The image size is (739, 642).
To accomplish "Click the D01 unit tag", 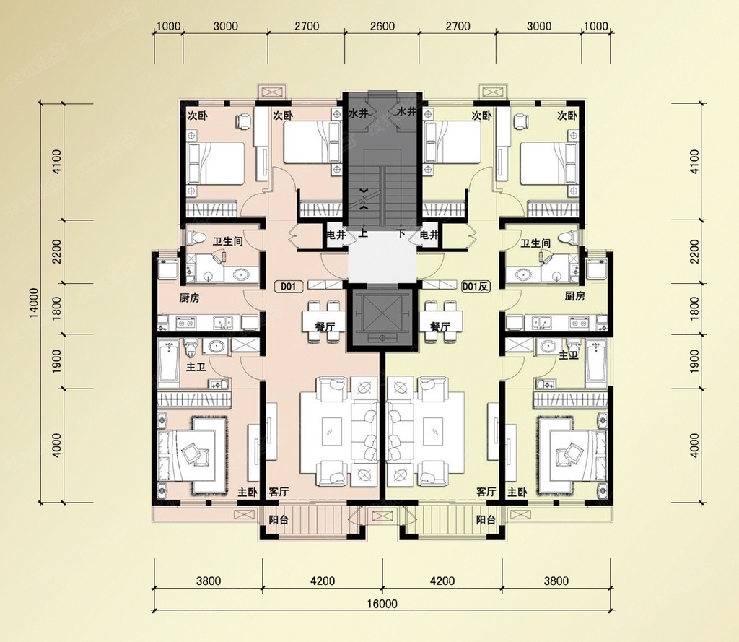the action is (289, 286).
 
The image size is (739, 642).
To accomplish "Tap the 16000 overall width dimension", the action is (382, 604).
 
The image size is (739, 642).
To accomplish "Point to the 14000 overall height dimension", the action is (33, 302).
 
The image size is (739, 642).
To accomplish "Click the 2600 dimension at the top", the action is (382, 26).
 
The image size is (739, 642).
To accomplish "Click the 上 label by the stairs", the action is (363, 233).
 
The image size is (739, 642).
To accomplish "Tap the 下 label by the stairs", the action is (401, 233).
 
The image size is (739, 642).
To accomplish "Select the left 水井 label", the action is (358, 113).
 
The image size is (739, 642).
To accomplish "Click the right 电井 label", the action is (429, 235).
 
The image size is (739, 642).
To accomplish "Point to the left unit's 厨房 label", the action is (190, 298).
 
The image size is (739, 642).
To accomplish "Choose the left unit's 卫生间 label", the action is (227, 242).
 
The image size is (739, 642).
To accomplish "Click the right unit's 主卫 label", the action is (569, 355).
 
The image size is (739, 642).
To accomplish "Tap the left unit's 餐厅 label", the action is (325, 326).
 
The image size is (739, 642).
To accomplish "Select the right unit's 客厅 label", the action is (486, 492).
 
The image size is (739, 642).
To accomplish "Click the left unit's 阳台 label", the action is (279, 520).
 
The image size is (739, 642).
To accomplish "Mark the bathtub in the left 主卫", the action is (167, 361).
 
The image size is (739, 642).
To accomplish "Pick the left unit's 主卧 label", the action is (247, 493).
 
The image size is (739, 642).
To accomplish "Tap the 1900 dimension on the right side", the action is (694, 361).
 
